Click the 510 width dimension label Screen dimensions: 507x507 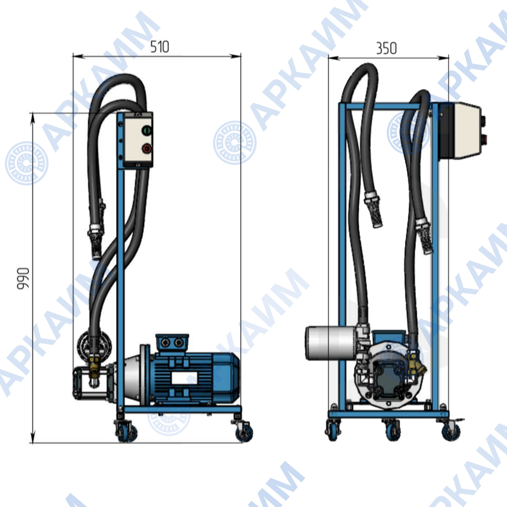pos(160,47)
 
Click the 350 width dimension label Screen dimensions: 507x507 pos(386,48)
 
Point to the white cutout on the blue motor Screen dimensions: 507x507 pos(184,378)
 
